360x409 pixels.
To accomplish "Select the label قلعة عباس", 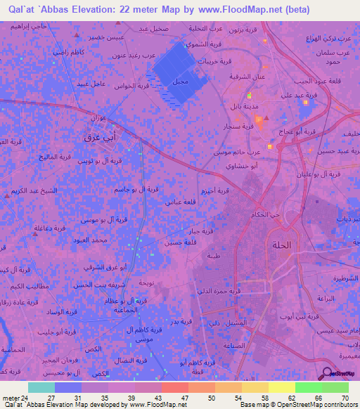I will (179, 202).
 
